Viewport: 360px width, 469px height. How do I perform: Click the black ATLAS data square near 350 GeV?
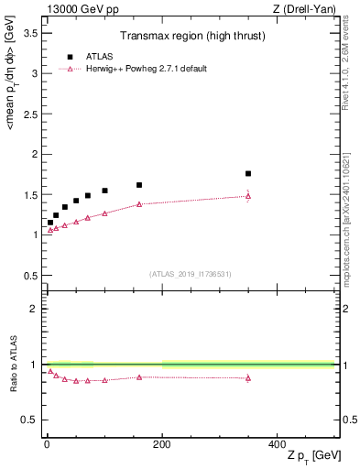[248, 173]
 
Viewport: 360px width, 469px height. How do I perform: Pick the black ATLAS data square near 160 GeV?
[139, 185]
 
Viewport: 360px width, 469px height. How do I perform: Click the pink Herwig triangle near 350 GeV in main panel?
[248, 196]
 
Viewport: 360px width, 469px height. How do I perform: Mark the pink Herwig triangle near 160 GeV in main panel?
[139, 204]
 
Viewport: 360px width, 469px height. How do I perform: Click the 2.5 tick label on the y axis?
[29, 114]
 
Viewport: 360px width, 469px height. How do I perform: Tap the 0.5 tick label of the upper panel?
[29, 275]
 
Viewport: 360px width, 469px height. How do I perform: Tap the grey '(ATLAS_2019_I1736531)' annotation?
[191, 274]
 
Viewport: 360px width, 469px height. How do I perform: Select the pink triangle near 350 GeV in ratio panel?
[248, 377]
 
